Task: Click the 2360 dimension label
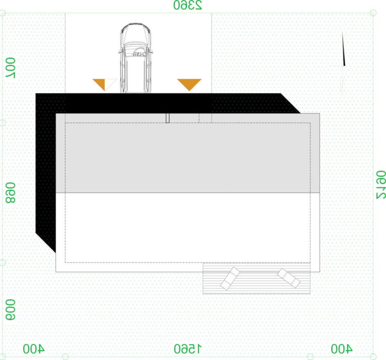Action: [188, 5]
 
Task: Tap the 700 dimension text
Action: [10, 68]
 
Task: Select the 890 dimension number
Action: [10, 193]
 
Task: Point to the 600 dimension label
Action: [10, 310]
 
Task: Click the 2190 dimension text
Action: [381, 185]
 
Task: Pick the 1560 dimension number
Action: [188, 349]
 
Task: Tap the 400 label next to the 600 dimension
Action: [34, 349]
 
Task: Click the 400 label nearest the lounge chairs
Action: [341, 349]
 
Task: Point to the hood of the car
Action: [136, 34]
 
